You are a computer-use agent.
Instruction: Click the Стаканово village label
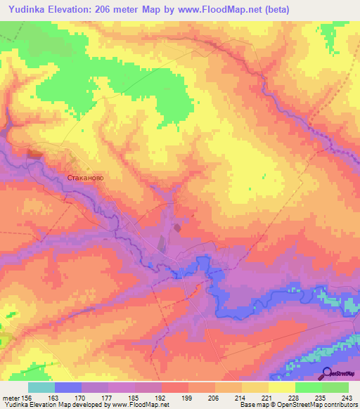(85, 178)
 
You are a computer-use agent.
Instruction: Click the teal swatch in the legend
(41, 387)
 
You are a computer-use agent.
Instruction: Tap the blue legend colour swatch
(67, 387)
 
